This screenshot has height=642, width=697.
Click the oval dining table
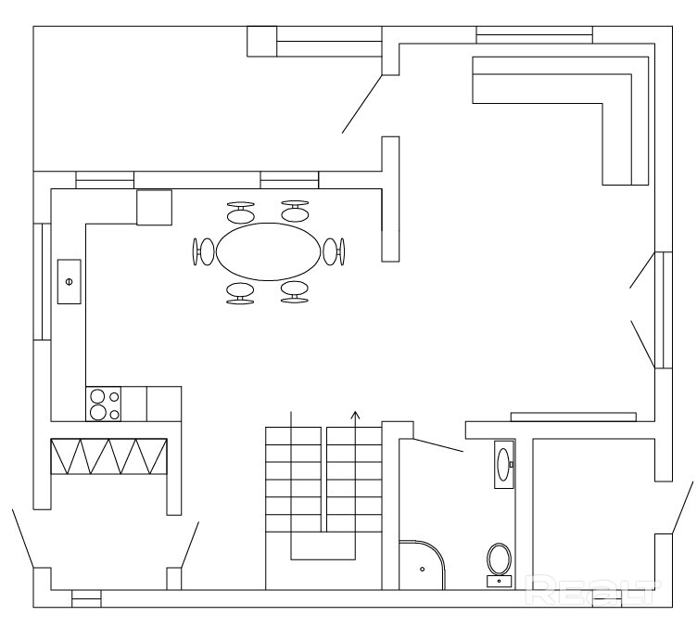coord(268,251)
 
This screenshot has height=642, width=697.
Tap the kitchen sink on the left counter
coord(69,282)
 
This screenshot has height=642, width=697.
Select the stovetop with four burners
coord(103,404)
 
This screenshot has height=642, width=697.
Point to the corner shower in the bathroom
coord(422,565)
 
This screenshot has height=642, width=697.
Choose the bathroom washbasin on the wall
coord(504,465)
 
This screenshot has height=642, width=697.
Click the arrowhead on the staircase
coord(355,415)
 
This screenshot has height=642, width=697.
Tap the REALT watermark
coord(591,589)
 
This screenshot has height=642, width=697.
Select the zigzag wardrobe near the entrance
coord(109,456)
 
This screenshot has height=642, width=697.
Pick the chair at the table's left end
coord(203,251)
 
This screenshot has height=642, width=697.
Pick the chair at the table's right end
coord(334,251)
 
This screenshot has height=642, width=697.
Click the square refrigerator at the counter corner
coord(154,207)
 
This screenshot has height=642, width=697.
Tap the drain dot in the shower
coord(423,569)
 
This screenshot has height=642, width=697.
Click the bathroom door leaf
coord(437,445)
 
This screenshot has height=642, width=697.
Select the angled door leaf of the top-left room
coord(361,104)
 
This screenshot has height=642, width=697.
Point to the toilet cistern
coord(499,581)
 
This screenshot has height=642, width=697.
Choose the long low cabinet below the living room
coord(574,417)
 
